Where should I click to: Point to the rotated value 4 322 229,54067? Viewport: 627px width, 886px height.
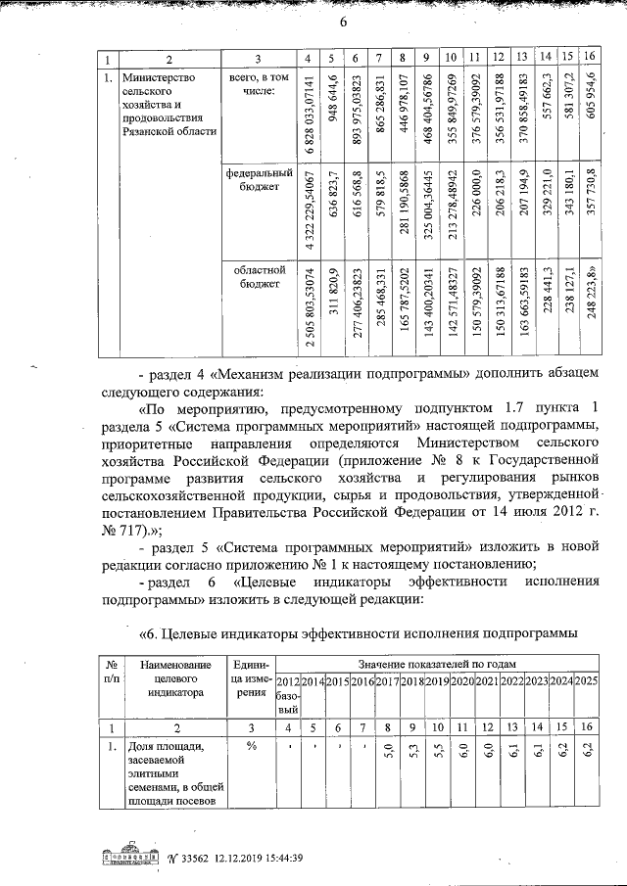[x=309, y=206]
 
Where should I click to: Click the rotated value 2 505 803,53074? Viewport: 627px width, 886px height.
[x=309, y=305]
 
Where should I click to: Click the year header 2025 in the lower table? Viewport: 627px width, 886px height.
[x=586, y=680]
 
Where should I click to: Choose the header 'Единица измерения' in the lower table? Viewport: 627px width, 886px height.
[x=252, y=683]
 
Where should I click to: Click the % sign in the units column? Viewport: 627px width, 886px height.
[x=252, y=746]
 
